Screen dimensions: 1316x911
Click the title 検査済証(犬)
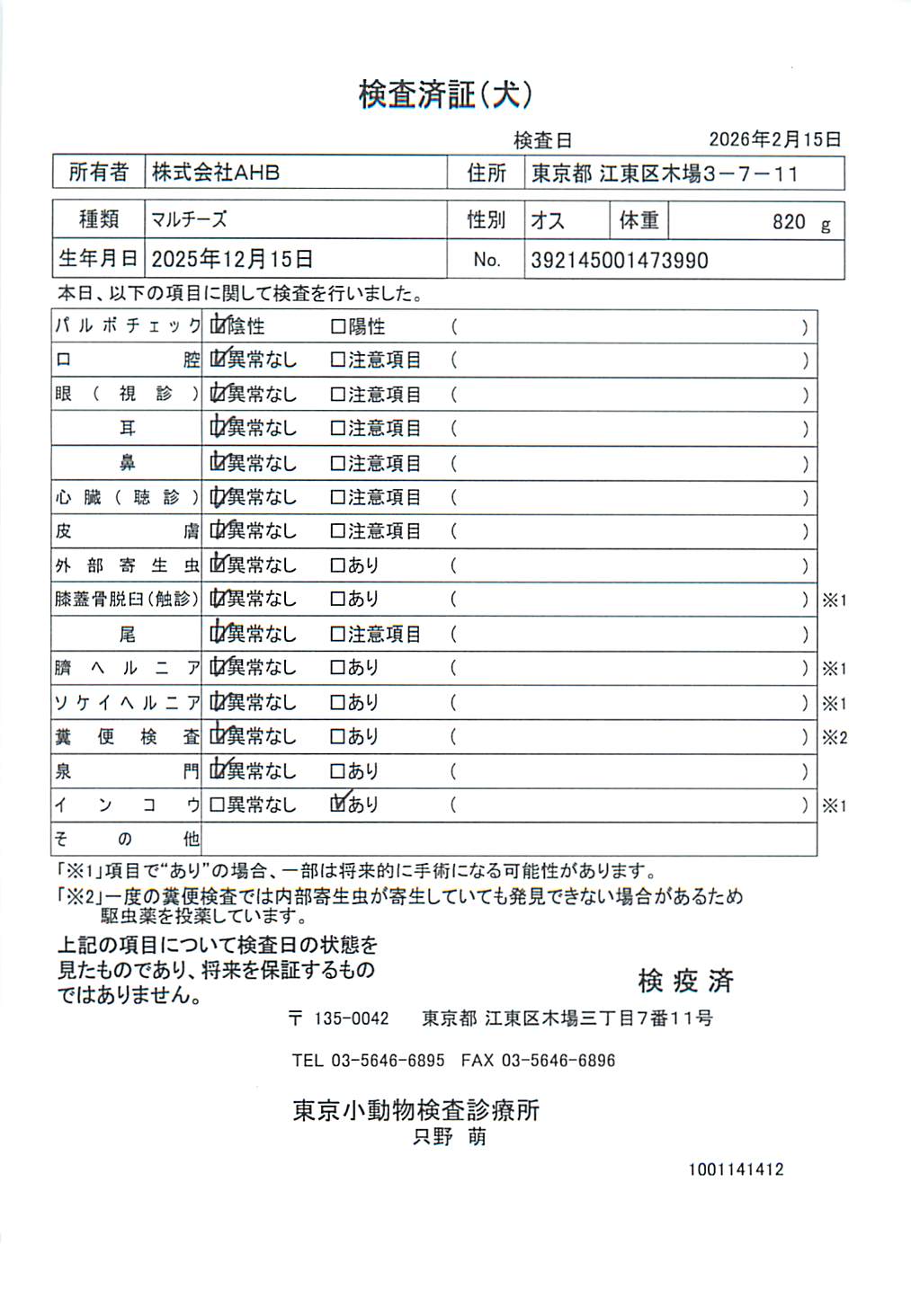coord(446,94)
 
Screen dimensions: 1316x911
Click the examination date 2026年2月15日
coord(774,139)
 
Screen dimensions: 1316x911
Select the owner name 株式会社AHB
coord(216,173)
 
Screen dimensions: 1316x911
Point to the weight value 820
coord(789,222)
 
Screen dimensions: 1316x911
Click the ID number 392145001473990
coord(619,261)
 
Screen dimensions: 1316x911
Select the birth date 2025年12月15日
coord(232,260)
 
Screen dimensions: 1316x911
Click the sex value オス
coord(547,221)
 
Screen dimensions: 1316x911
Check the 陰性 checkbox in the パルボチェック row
coord(218,326)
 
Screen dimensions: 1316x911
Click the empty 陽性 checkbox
coord(338,327)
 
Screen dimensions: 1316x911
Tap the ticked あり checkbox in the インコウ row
coord(339,805)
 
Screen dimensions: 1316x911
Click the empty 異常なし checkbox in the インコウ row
coord(217,805)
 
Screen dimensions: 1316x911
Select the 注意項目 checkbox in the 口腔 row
coord(338,360)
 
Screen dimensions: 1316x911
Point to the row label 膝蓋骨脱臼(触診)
coord(126,600)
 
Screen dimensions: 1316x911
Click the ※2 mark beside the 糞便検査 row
coord(834,738)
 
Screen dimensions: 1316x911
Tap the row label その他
coord(126,840)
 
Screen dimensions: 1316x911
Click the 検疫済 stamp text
coord(685,981)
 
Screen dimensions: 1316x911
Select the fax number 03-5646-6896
coord(558,1061)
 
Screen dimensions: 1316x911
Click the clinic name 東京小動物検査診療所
coord(415,1111)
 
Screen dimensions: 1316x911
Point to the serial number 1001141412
coord(736,1169)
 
